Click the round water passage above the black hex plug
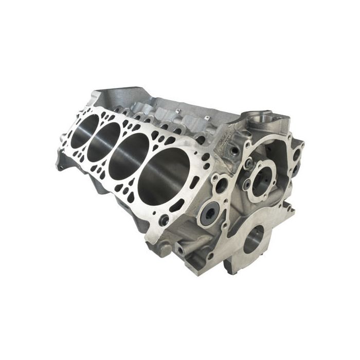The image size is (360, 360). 222,186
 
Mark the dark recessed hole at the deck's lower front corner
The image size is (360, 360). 165,221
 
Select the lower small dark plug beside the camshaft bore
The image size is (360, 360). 248,184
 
